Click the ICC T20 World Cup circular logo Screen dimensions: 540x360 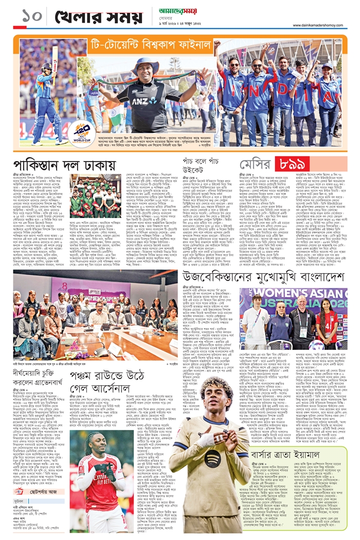tap(81, 132)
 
